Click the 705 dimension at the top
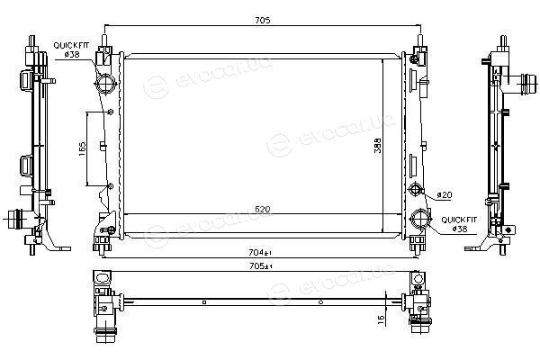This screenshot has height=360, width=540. coord(263,20)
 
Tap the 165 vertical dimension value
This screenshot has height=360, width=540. coord(82,148)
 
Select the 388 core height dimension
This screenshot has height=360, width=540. coord(378,146)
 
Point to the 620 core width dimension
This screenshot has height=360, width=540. coord(263,209)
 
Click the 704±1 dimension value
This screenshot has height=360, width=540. coord(260,253)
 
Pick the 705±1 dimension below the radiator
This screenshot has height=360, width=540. coord(261,266)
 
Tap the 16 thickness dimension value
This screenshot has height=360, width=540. coord(381,320)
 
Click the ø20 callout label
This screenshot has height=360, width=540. coord(445,195)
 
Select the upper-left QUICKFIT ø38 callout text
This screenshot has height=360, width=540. coord(71,49)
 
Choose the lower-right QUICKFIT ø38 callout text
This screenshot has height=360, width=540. coord(459,224)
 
